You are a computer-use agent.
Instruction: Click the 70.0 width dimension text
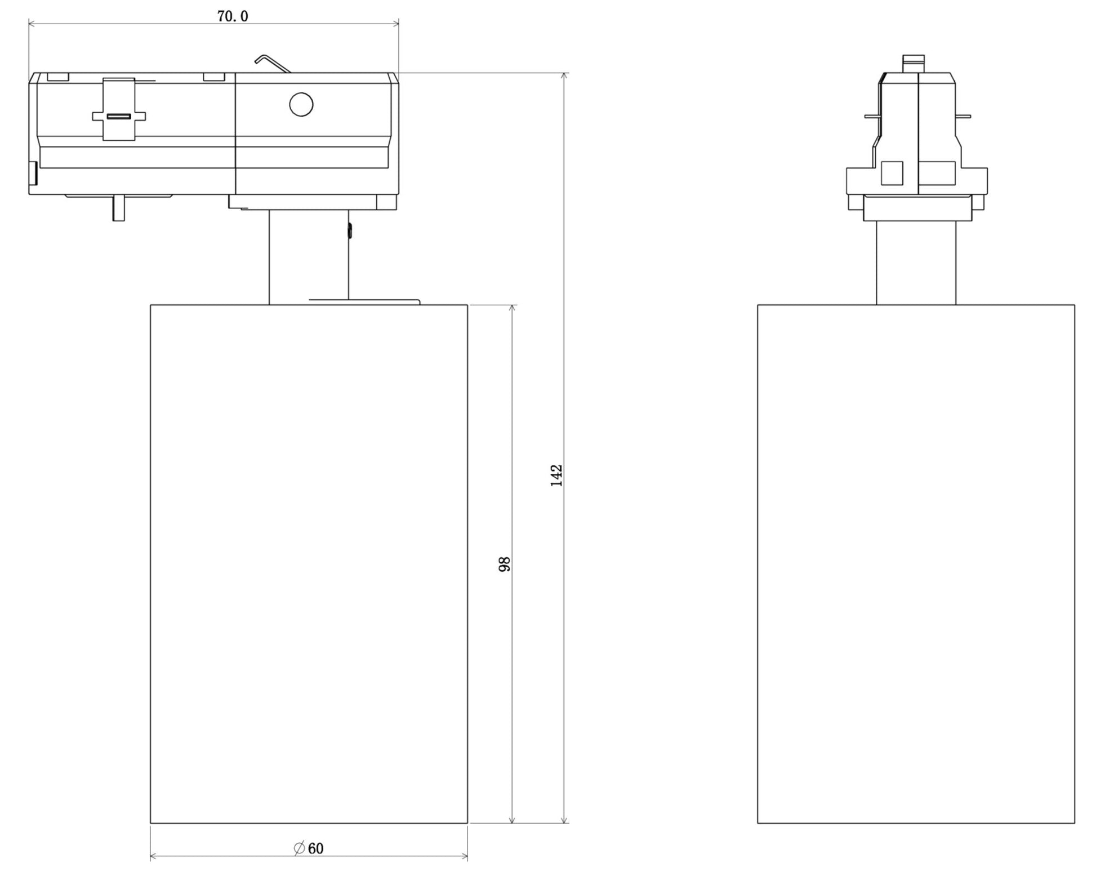233,16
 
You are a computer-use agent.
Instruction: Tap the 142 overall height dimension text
556,475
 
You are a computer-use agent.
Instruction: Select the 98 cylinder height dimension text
505,564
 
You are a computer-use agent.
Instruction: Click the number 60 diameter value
316,848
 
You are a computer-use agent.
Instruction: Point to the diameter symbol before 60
300,848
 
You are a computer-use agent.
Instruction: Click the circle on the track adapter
301,105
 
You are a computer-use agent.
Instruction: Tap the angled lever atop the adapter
271,63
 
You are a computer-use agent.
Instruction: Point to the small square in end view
892,173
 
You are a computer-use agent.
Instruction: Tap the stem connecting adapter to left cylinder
309,256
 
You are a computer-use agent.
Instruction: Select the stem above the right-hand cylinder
916,263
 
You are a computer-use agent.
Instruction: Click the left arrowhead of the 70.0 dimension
32,24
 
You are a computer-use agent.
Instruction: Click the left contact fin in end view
872,117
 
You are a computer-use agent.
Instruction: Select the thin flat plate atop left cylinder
364,301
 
